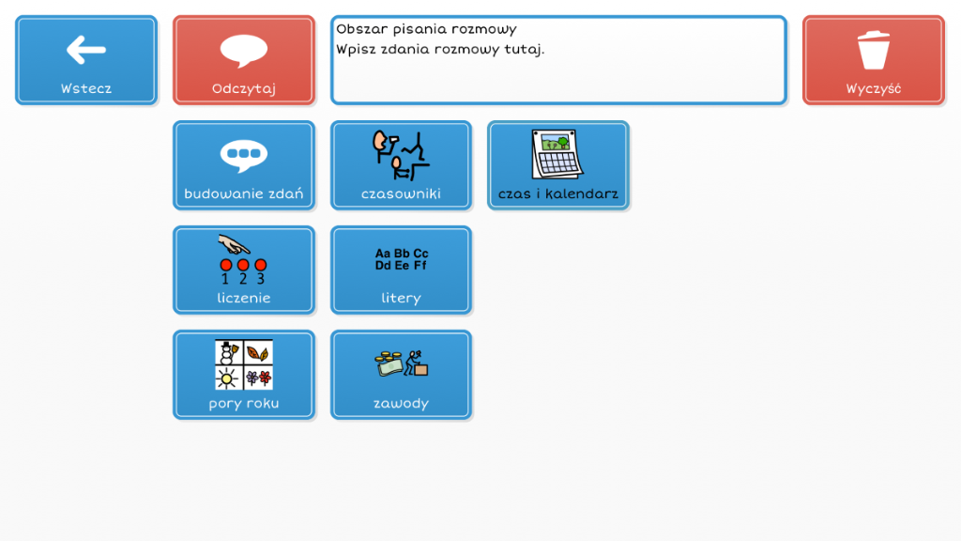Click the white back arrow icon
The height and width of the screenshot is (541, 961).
click(85, 50)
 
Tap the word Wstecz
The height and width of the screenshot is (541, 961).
click(85, 89)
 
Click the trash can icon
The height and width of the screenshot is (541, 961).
click(874, 50)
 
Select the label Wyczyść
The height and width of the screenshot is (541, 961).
click(874, 89)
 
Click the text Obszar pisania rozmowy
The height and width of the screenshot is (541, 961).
click(427, 29)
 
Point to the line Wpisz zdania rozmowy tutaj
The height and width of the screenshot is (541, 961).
click(440, 49)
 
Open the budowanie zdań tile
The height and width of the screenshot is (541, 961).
click(244, 165)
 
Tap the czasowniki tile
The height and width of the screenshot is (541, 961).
click(401, 165)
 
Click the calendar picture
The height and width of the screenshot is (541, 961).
click(557, 155)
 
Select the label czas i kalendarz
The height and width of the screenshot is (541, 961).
click(557, 193)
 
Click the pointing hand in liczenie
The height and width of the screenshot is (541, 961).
click(234, 245)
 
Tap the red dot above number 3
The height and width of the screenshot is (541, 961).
click(261, 265)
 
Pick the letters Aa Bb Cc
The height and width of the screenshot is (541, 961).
click(402, 254)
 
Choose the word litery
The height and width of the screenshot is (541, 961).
click(401, 298)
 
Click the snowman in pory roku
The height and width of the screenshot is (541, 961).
click(229, 353)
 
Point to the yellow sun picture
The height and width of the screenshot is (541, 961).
click(227, 379)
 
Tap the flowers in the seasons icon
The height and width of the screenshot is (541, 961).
click(259, 378)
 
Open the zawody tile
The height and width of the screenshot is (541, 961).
click(401, 375)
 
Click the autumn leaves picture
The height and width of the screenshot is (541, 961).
click(258, 353)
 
